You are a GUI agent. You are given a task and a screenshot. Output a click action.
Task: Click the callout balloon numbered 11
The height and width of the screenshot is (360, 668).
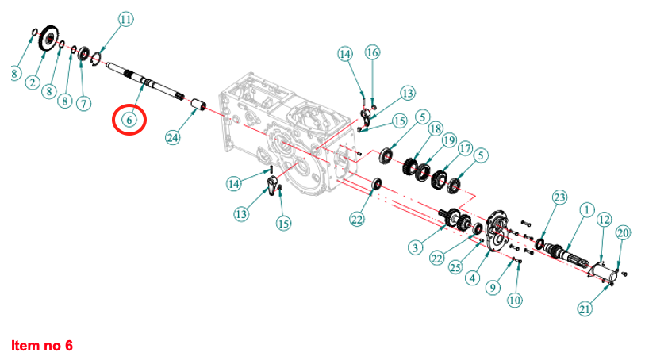click(126, 18)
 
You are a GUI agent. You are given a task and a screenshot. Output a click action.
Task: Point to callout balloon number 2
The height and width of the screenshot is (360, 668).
click(33, 82)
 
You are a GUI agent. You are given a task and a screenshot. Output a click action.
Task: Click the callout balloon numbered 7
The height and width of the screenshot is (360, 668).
click(83, 102)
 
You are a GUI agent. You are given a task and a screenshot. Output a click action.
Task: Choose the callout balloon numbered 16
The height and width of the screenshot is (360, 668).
click(372, 52)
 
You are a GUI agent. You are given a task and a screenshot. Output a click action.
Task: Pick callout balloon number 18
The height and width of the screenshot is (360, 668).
click(434, 128)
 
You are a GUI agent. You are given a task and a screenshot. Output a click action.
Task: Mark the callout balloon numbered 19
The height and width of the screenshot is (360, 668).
click(449, 141)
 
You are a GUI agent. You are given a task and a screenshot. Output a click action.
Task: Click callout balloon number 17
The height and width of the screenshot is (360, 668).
click(465, 148)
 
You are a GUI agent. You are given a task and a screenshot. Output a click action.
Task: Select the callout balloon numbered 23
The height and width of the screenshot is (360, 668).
click(559, 197)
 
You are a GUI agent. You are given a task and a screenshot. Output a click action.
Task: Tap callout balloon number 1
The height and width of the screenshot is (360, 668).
click(586, 209)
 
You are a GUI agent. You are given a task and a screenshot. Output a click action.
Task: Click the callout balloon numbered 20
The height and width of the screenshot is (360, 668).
click(623, 232)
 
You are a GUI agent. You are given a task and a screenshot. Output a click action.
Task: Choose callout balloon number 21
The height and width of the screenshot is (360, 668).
click(585, 308)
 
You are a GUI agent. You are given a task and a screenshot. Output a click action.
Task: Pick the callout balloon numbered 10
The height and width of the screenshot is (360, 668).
click(516, 300)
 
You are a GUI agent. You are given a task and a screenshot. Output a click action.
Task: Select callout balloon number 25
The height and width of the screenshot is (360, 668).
click(455, 266)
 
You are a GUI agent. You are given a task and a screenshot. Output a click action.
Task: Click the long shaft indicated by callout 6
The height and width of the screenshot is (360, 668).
click(143, 79)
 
